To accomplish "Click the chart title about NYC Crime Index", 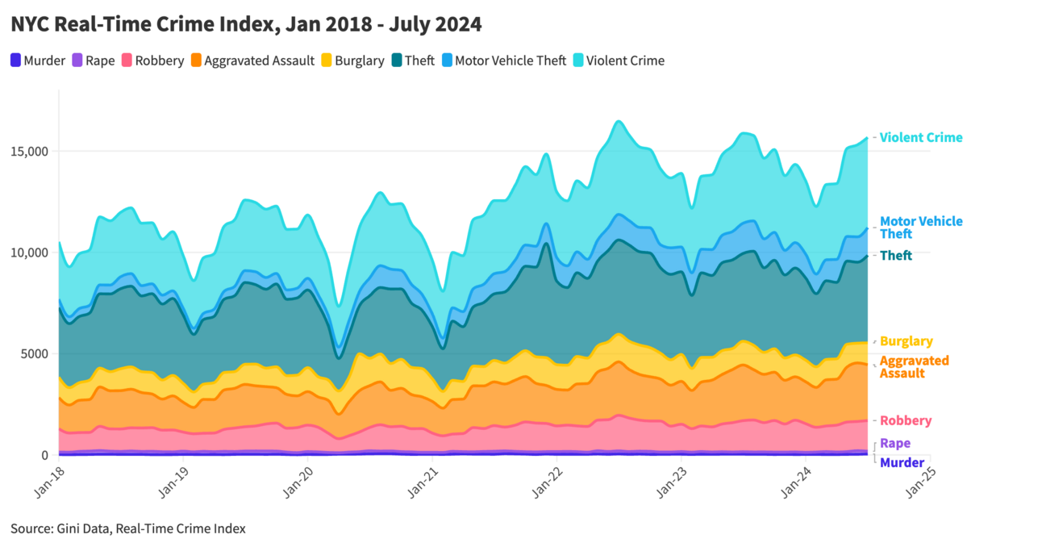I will [246, 25].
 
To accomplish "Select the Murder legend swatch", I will [16, 61].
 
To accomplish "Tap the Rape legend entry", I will [94, 61].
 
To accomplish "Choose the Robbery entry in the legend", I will [152, 61].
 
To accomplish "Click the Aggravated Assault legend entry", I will [252, 61].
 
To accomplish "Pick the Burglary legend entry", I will [352, 61].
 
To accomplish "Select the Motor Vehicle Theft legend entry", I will [503, 61].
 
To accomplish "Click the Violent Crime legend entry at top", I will [618, 61].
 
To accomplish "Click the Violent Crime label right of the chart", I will [920, 138].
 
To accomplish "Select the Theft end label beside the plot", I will [895, 256].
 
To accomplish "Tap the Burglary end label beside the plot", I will [906, 341].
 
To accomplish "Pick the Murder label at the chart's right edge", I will [902, 463].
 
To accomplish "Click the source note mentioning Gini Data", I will [128, 528].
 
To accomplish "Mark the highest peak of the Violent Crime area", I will [618, 121].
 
